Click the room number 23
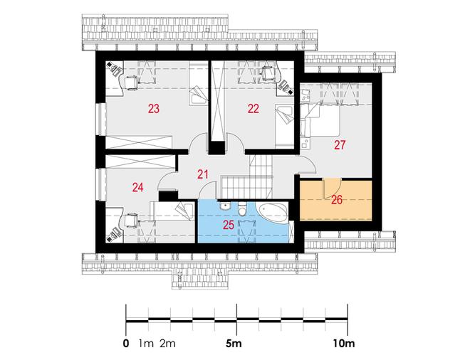click(154, 108)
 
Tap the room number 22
click(254, 108)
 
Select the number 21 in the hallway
click(203, 174)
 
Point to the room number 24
click(138, 188)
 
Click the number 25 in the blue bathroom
click(229, 225)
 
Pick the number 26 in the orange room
click(337, 200)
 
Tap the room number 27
click(340, 145)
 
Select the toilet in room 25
click(241, 208)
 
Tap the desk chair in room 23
click(131, 83)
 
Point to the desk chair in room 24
click(131, 221)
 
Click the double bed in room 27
click(321, 120)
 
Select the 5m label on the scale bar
click(234, 343)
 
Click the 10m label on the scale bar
click(344, 343)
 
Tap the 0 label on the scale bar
click(126, 343)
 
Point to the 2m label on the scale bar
click(167, 343)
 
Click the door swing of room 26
click(332, 189)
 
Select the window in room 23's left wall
click(101, 120)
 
